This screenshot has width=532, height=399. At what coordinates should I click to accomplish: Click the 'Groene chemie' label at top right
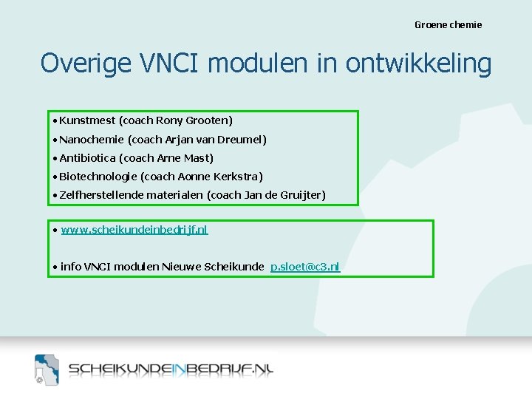[448, 24]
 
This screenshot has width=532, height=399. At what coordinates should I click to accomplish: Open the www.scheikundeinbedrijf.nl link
[134, 230]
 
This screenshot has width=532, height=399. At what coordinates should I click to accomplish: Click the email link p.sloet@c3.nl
[305, 267]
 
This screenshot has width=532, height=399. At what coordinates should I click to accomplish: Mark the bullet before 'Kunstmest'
[55, 120]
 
